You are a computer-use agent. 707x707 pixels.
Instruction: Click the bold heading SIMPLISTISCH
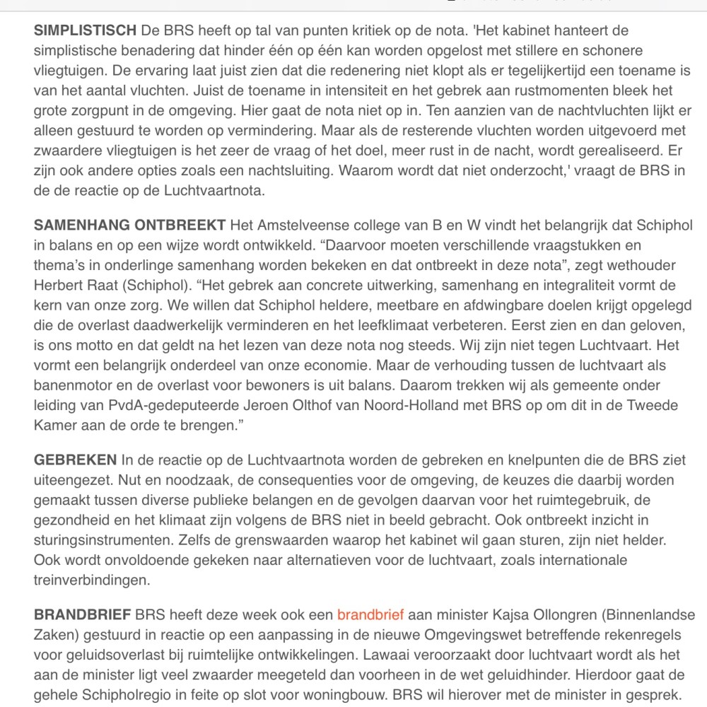tap(85, 30)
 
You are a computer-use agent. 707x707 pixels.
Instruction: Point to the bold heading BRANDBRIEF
tap(82, 614)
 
